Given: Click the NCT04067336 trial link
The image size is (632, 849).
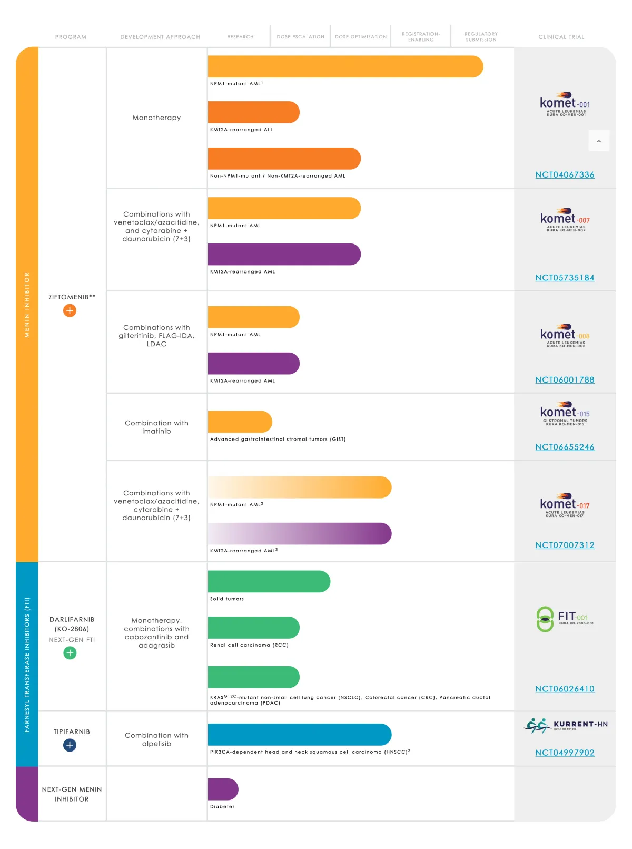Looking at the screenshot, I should coord(565,175).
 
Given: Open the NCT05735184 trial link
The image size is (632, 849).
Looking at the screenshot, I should coord(565,278).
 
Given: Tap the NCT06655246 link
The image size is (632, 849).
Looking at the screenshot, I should coord(565,447).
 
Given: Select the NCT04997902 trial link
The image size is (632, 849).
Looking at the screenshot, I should coord(565,753).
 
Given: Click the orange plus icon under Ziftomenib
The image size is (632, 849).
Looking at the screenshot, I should coord(70,310).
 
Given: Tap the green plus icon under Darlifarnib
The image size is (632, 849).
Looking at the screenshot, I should coord(70,653).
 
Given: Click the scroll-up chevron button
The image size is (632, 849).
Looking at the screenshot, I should coord(599,141).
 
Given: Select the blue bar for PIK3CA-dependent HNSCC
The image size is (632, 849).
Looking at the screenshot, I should coord(299,735).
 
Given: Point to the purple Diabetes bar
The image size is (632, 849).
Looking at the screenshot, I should coord(223,789).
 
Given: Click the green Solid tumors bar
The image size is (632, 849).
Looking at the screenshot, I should coord(269,581).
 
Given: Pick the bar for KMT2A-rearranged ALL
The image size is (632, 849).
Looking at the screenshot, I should coord(253,112).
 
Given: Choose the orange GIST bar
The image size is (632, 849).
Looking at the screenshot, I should coord(240,422).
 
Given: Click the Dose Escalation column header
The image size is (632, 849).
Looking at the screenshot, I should coord(300,37).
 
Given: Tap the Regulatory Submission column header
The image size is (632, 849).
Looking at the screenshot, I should coord(481,37).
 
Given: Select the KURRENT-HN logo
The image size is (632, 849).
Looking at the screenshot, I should coord(566,726).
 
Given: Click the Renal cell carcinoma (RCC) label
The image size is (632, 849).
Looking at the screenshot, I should coord(249,645).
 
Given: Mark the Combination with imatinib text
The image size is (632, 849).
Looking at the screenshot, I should coord(156,427).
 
